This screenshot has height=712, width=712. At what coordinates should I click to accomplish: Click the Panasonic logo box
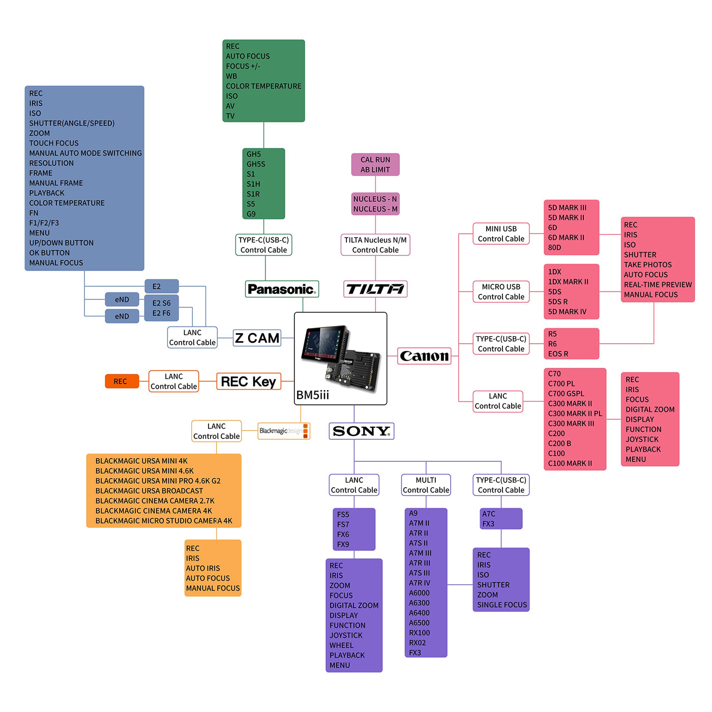[x=282, y=289]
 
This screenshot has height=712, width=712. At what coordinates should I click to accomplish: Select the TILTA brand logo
[x=375, y=289]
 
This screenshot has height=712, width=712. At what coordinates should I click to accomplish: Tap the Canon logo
[x=424, y=356]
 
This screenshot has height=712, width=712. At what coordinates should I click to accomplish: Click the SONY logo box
[x=361, y=431]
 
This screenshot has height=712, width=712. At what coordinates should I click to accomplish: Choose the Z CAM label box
[x=257, y=338]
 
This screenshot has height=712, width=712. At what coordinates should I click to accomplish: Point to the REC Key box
[x=248, y=381]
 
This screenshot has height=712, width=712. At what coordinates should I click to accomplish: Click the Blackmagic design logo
[x=283, y=431]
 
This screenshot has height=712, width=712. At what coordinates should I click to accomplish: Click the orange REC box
[x=122, y=381]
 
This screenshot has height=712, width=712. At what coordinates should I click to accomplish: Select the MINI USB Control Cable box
[x=501, y=234]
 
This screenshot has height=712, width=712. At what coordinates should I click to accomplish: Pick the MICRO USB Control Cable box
[x=501, y=292]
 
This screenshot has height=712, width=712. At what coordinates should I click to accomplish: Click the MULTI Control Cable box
[x=426, y=485]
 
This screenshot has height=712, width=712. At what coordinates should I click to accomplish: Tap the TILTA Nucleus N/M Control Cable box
[x=375, y=245]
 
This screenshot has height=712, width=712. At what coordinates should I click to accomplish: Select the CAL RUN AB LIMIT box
[x=375, y=165]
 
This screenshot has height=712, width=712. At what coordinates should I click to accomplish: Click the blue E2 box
[x=161, y=286]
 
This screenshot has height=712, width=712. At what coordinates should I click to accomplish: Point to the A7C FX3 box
[x=501, y=519]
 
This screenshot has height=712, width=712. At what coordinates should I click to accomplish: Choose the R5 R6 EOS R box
[x=571, y=344]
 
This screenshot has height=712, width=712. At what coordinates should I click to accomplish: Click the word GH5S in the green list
[x=256, y=164]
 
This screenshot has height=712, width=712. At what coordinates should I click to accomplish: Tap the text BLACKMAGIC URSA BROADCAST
[x=149, y=491]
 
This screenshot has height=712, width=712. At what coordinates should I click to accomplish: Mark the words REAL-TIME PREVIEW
[x=658, y=285]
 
